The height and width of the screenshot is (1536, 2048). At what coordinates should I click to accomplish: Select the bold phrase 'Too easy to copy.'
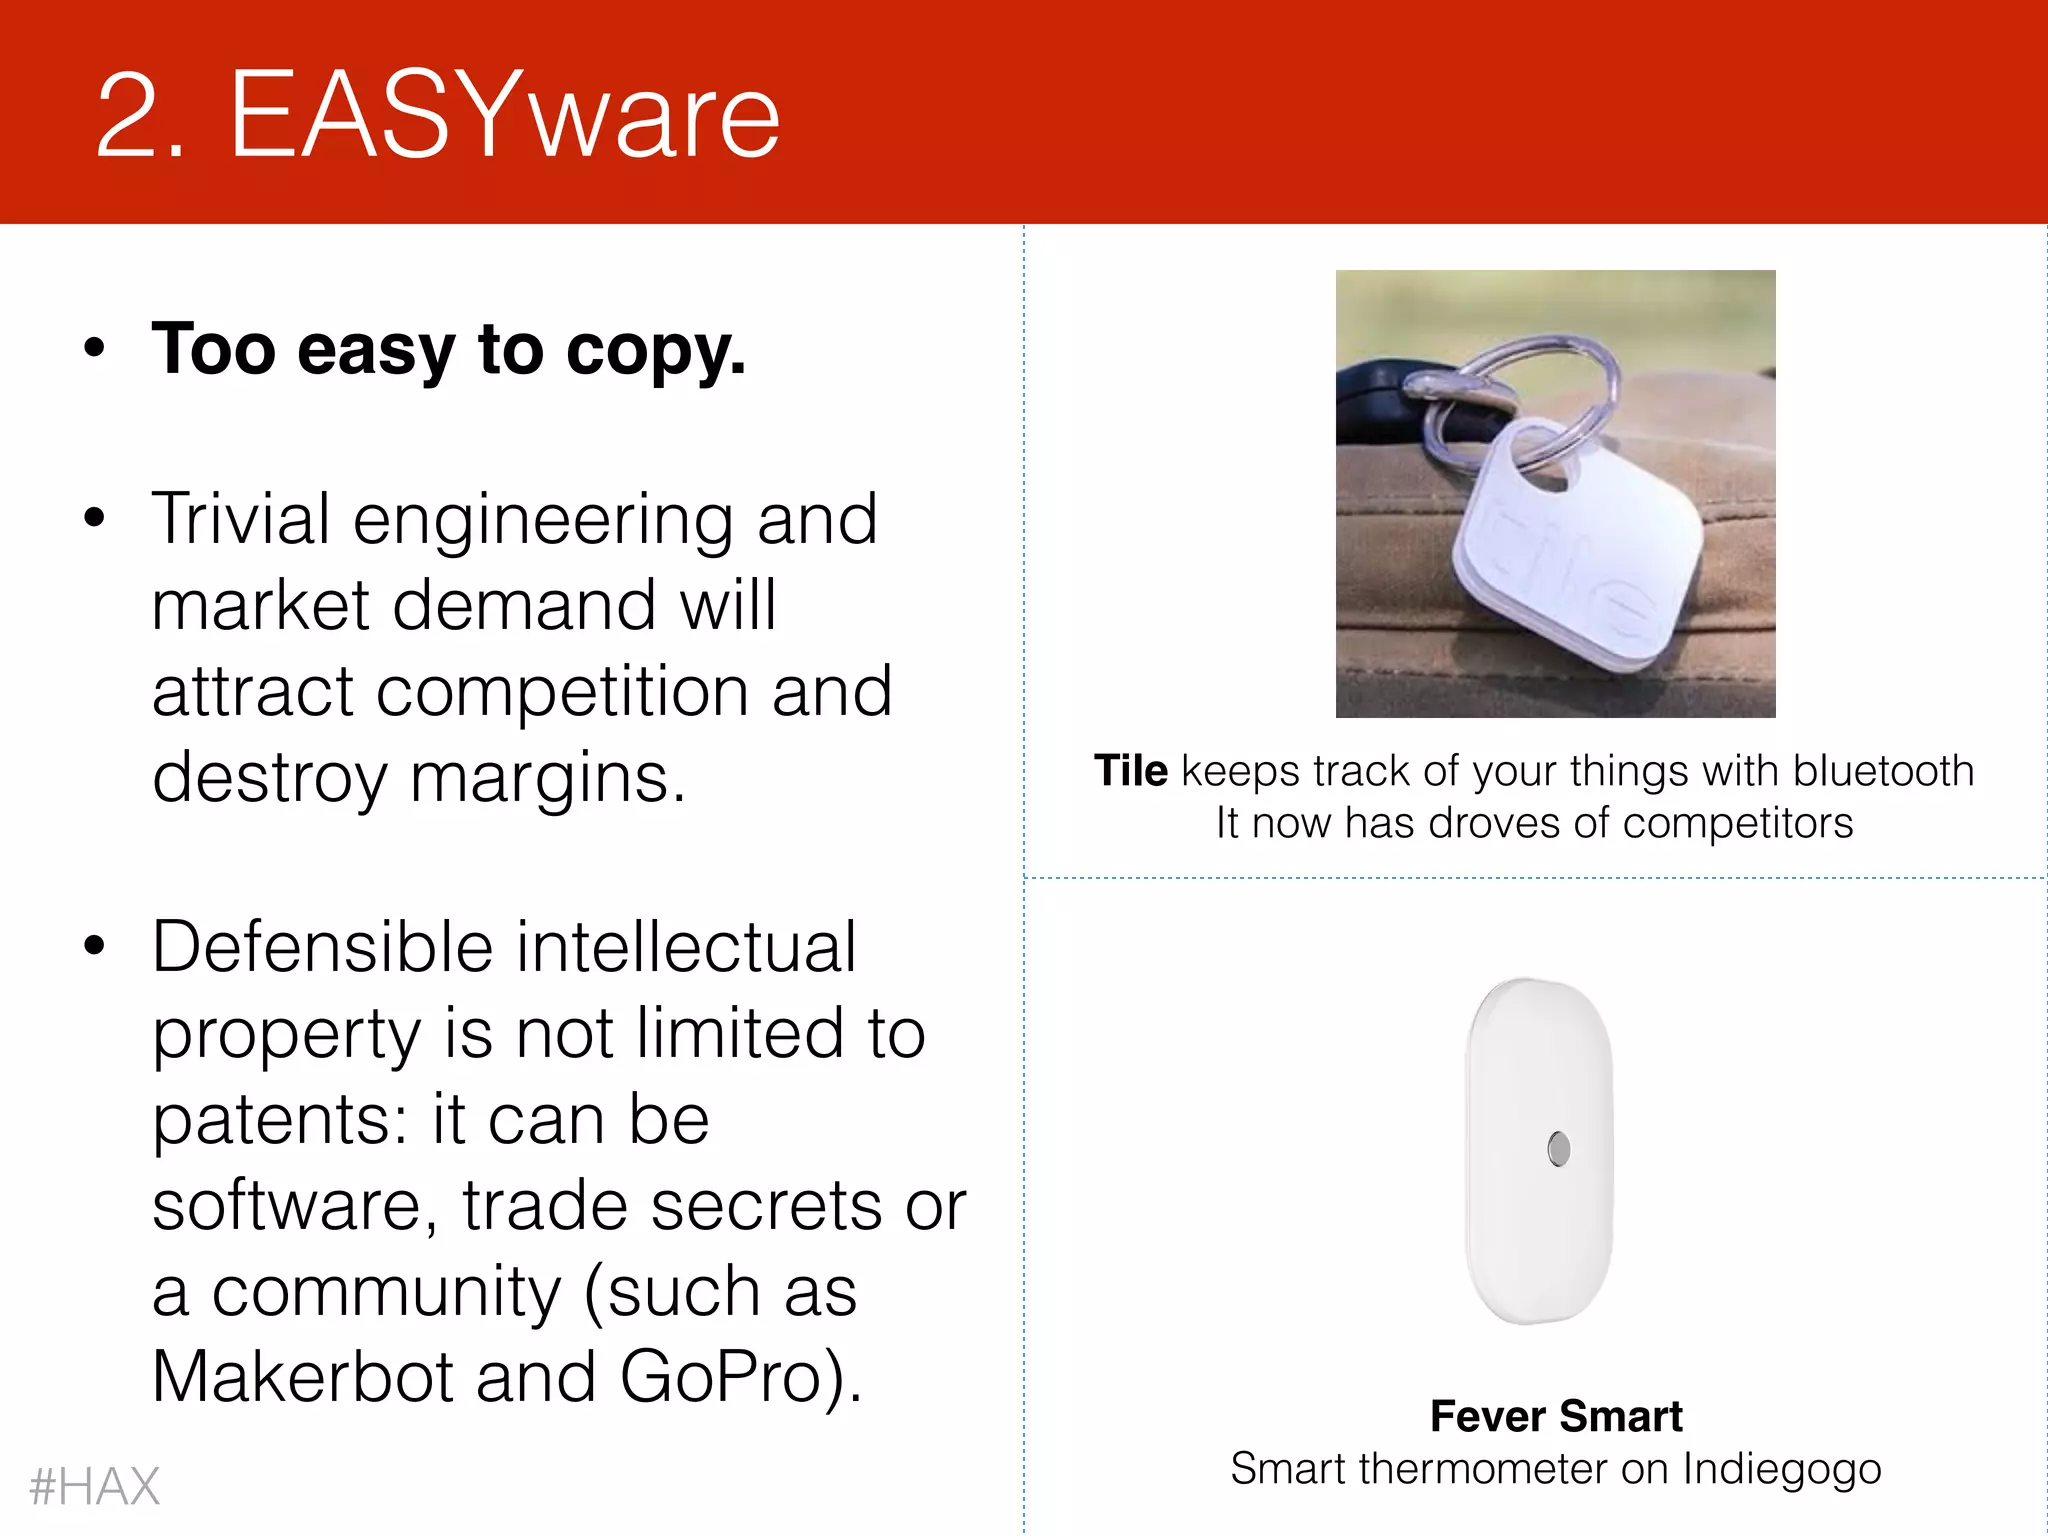tap(449, 350)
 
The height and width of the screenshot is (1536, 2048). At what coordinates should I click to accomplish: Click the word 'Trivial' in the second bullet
tap(241, 519)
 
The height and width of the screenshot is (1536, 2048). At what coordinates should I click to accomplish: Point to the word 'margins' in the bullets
tap(546, 778)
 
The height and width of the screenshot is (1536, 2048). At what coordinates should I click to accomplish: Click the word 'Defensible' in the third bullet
tap(323, 947)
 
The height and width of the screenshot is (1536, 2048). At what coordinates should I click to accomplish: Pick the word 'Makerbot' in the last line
tap(302, 1377)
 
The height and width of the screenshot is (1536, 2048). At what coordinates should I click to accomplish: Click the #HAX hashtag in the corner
tap(95, 1486)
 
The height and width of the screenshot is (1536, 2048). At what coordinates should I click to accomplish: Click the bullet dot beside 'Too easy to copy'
tap(95, 348)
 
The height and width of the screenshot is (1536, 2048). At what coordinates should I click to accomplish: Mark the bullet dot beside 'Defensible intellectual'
tap(95, 945)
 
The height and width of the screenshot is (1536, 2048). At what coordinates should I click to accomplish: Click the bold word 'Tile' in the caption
tap(1130, 771)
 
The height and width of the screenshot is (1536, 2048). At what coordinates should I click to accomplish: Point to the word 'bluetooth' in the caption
tap(1883, 771)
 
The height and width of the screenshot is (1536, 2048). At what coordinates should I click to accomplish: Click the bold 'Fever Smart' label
tap(1556, 1416)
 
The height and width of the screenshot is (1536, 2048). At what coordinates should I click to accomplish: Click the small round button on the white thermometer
tap(1558, 1149)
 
